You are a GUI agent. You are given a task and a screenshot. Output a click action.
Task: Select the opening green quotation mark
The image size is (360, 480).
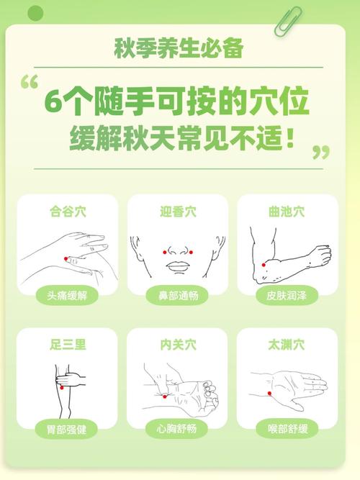point(30,82)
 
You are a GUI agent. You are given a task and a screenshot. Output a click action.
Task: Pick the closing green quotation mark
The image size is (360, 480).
point(320,152)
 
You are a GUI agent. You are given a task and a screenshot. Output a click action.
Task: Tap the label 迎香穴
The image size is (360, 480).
point(178,212)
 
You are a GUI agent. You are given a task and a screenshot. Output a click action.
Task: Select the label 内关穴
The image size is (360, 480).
point(178,345)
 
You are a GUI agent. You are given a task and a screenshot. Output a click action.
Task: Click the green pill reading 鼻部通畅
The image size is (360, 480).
point(178,296)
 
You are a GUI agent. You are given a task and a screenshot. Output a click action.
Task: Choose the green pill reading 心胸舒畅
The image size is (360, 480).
point(178,429)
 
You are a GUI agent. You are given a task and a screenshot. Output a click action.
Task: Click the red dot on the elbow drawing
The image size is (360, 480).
point(264,265)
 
